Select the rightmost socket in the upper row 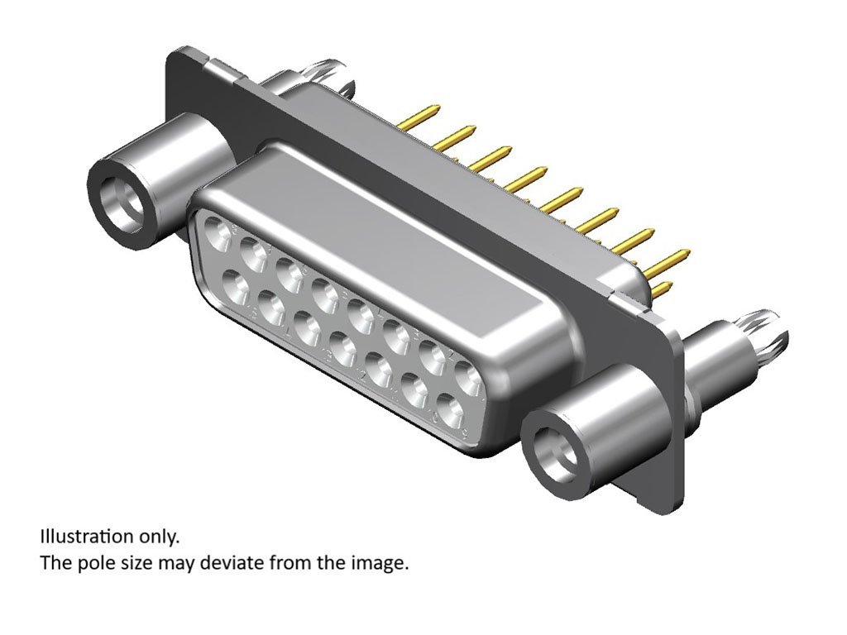coord(469,378)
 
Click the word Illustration coord(86,537)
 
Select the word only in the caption coord(158,537)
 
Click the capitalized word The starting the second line coord(56,564)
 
